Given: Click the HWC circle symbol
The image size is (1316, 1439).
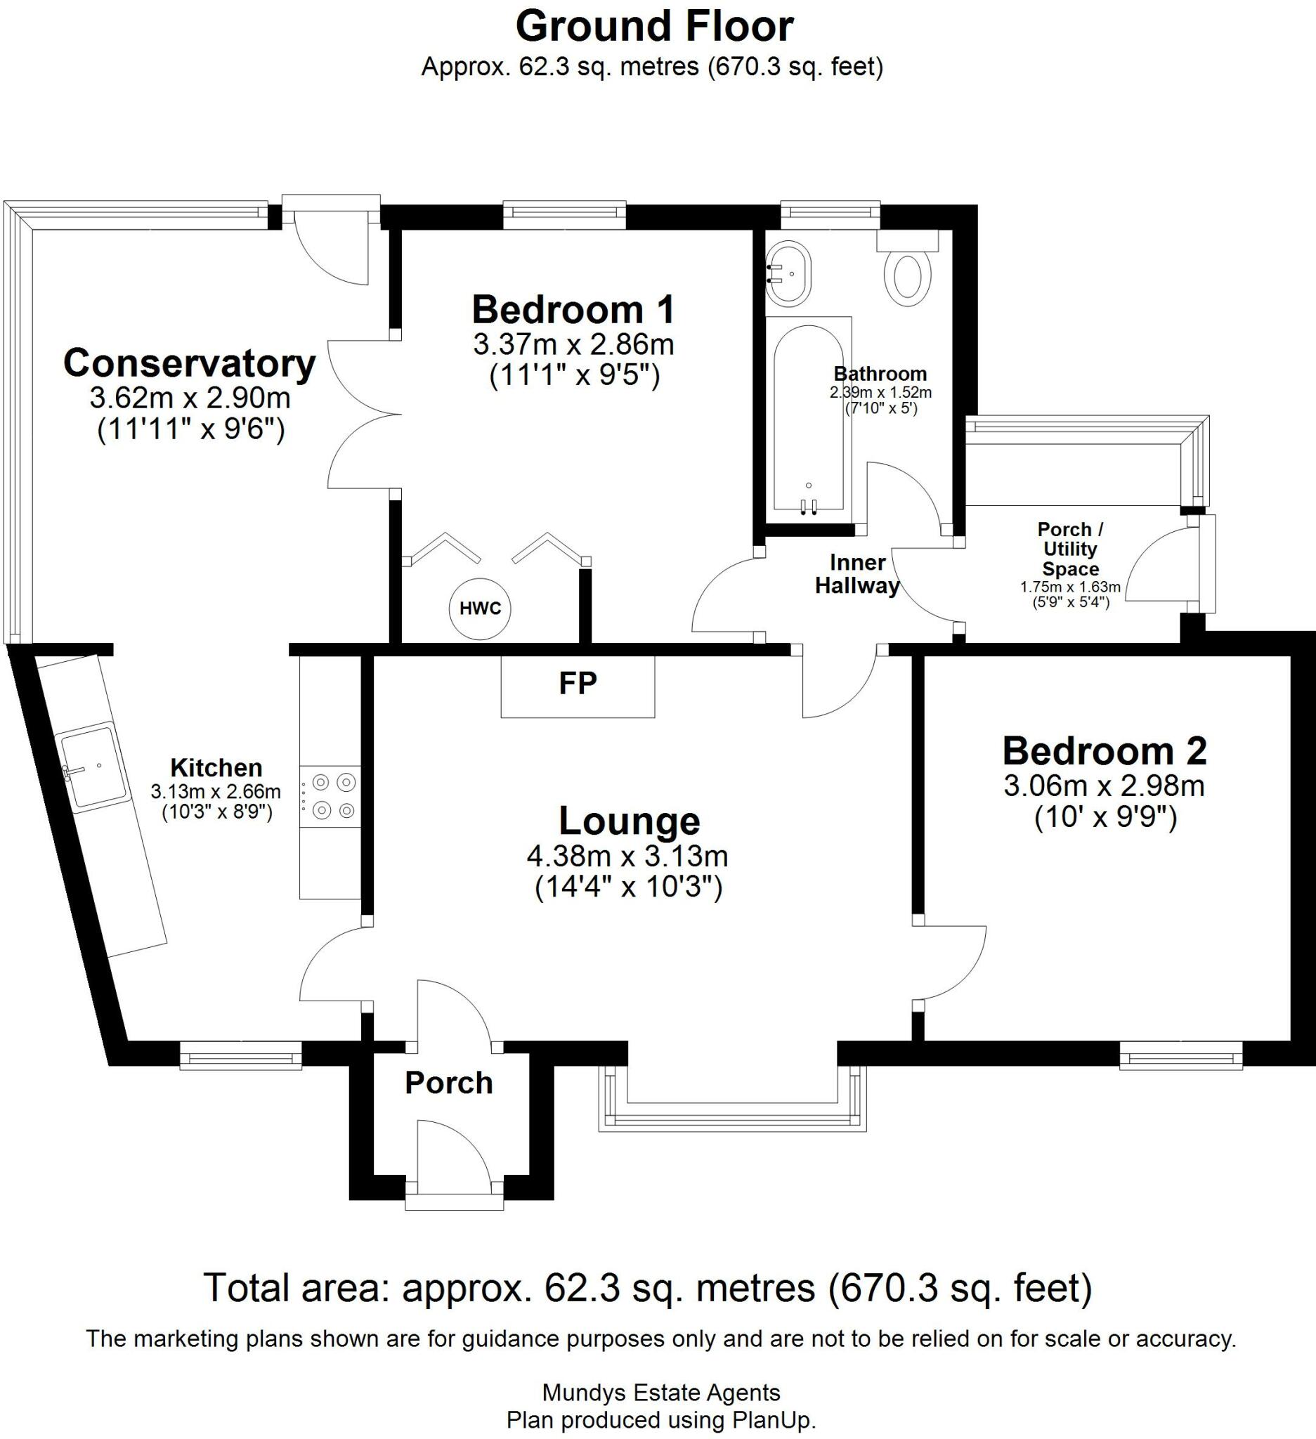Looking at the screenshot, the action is (x=480, y=608).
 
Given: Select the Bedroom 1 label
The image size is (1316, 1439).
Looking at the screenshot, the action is (x=573, y=309).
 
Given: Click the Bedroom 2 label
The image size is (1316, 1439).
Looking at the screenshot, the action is (x=1105, y=751).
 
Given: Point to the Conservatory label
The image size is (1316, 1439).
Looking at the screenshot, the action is (x=190, y=363).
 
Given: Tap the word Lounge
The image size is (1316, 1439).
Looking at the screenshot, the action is (x=629, y=821).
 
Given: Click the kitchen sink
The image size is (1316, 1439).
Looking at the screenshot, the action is (x=93, y=766).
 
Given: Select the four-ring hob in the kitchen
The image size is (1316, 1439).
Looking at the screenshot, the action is (x=330, y=797).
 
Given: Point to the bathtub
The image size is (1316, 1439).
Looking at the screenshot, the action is (x=809, y=417).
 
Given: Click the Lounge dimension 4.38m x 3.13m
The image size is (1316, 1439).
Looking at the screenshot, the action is (x=627, y=855).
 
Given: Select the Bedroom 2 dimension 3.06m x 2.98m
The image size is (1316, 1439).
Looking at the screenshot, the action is (x=1105, y=786).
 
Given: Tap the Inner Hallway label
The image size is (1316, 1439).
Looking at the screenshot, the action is (x=857, y=574).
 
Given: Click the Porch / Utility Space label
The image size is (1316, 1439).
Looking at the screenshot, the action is (x=1071, y=549).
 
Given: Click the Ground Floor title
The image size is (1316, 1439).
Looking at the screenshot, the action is (x=654, y=27).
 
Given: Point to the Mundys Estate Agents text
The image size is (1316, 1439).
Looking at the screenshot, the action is (x=662, y=1393).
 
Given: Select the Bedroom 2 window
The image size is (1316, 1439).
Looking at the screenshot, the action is (x=1181, y=1055).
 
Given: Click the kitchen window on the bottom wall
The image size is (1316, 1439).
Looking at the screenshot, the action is (x=240, y=1055).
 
